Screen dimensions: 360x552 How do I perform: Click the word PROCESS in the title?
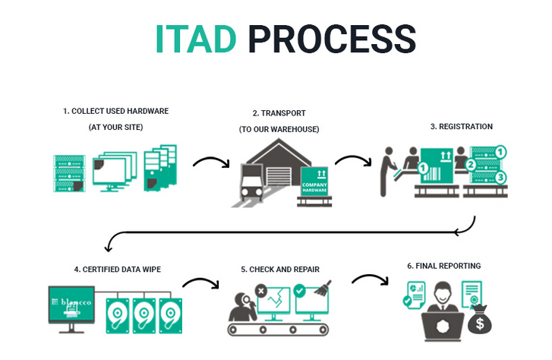pos(332,39)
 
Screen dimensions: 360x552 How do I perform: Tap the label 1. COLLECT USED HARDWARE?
pos(115,111)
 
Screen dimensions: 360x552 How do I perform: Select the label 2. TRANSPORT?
pos(279,114)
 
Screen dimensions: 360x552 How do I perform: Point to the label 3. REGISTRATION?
pos(461,126)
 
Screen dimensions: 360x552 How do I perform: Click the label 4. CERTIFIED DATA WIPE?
pos(117,269)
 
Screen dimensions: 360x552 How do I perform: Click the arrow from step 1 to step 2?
pos(210,163)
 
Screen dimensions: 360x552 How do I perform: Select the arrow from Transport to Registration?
pos(353,161)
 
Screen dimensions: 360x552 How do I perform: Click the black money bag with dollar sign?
pos(479,321)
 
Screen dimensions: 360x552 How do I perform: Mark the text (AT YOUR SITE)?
pos(115,127)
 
